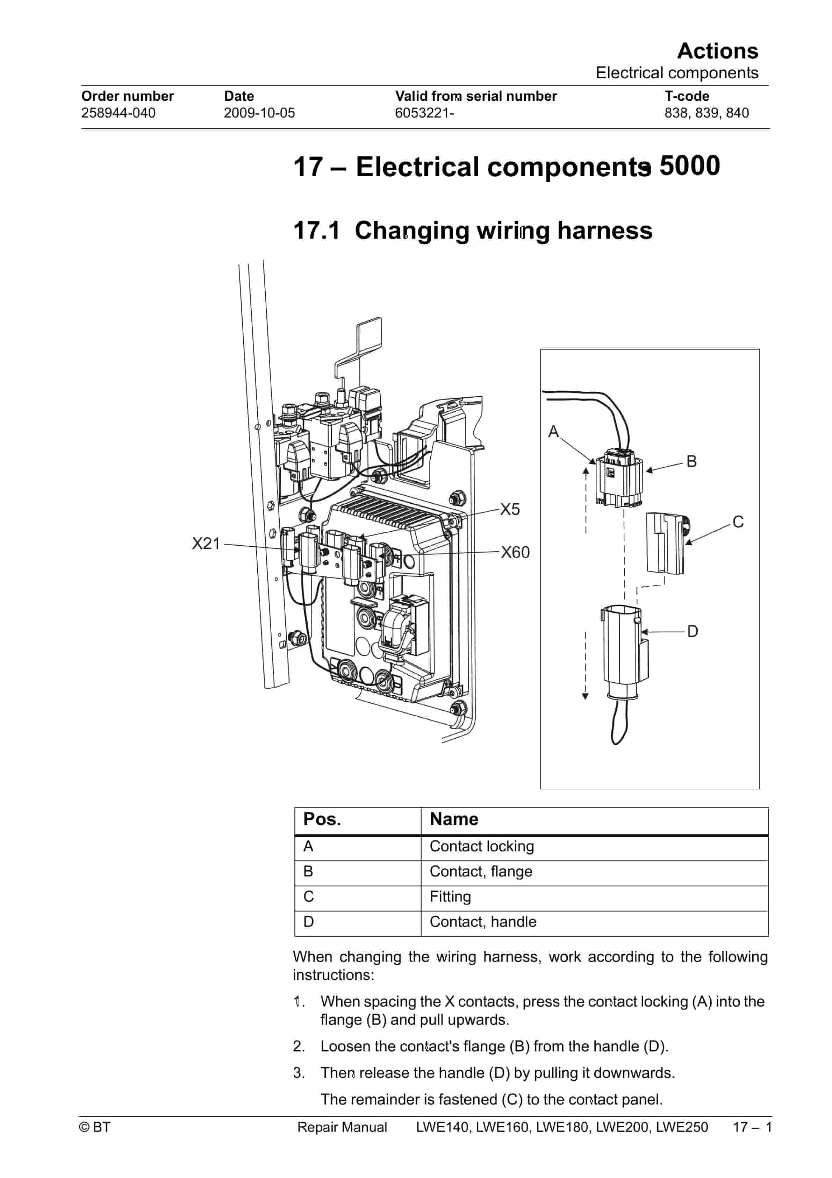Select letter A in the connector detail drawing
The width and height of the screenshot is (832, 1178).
(x=553, y=432)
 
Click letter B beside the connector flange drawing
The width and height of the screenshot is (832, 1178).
(x=691, y=461)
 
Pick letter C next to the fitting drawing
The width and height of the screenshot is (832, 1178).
(x=738, y=522)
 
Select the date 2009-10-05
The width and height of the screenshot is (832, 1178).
(x=259, y=113)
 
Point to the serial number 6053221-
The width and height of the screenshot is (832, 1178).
(x=424, y=113)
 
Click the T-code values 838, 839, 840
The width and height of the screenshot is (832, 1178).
(x=707, y=113)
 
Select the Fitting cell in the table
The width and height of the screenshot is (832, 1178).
(x=450, y=896)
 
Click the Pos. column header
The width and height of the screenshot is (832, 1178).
(x=322, y=819)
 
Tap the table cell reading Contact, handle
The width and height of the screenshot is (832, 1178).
(x=483, y=922)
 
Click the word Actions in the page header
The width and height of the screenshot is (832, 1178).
(x=717, y=51)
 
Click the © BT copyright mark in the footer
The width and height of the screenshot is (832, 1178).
(x=95, y=1127)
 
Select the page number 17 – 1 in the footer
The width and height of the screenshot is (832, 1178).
(x=752, y=1127)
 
